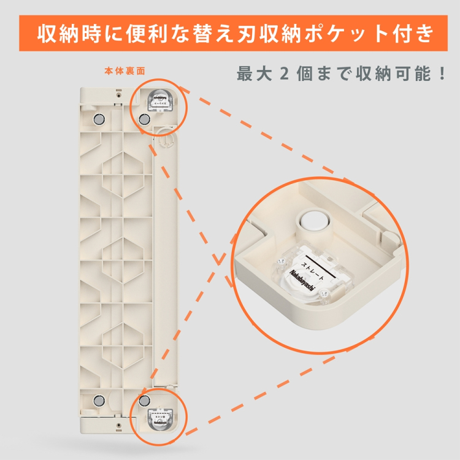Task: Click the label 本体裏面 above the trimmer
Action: (125, 71)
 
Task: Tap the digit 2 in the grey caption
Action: (283, 74)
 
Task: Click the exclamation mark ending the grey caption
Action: (439, 74)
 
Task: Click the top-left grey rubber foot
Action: (98, 118)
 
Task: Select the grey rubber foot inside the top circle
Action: (144, 118)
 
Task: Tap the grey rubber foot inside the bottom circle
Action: (145, 400)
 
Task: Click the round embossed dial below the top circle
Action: (163, 139)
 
